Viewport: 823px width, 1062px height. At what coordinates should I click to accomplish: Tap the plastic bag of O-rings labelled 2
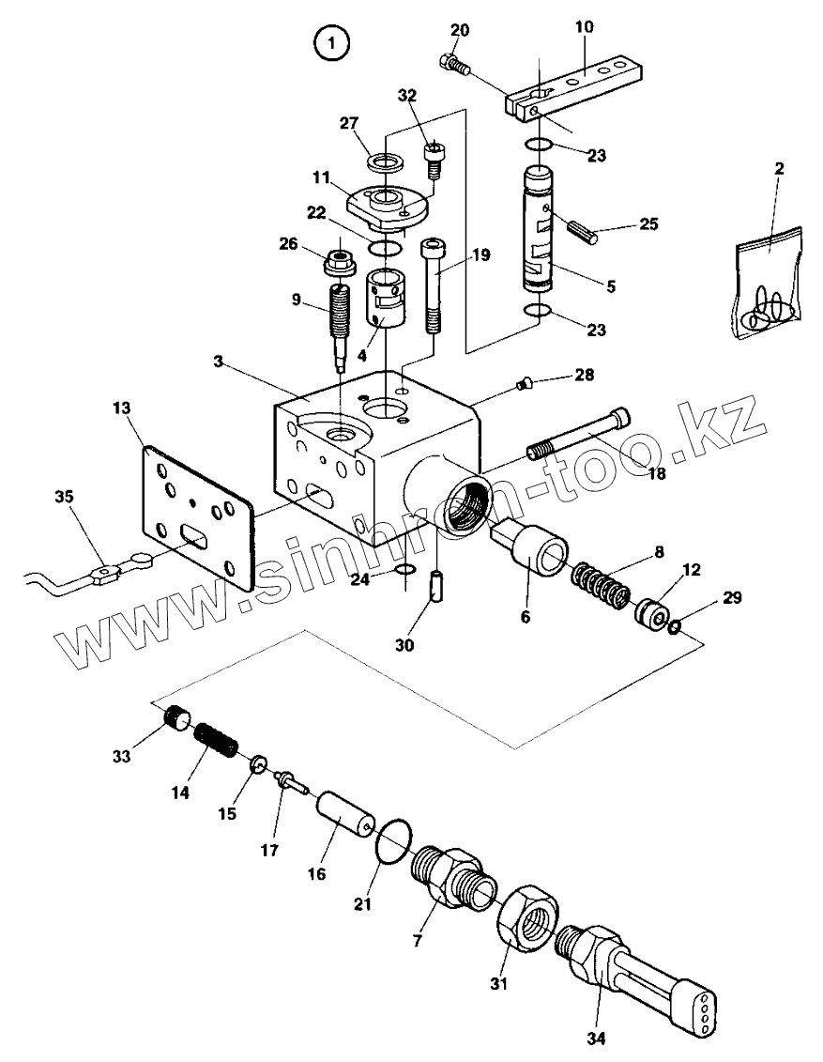(770, 284)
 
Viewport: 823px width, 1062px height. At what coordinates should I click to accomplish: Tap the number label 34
(597, 1039)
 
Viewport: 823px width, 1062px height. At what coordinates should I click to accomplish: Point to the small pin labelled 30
(434, 588)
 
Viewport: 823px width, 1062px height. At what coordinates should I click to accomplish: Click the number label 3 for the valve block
(218, 362)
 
